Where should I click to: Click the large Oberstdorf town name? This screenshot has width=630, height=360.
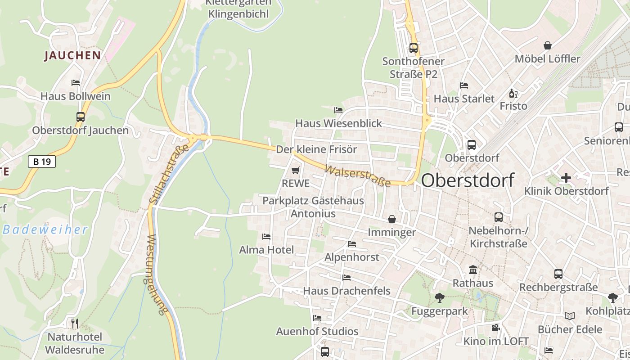[x=468, y=181]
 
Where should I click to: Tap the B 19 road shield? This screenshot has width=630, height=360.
[x=42, y=162]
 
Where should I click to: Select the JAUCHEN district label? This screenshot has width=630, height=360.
[x=72, y=56]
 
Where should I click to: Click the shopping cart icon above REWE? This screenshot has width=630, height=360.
[x=295, y=171]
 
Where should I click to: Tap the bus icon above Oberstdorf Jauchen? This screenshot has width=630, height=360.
[x=81, y=117]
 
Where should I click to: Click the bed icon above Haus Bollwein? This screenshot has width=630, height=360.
[x=76, y=83]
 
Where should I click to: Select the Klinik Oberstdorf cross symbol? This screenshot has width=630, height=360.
[x=566, y=178]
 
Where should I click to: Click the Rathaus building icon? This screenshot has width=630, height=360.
[x=473, y=270]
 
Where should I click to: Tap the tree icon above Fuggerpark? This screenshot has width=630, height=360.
[x=439, y=297]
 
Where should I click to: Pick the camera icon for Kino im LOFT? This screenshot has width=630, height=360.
[x=495, y=328]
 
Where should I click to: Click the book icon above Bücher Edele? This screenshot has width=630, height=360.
[x=570, y=316]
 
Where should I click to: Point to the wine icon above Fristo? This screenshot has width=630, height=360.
[x=513, y=94]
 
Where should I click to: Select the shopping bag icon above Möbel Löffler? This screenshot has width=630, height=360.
[x=548, y=45]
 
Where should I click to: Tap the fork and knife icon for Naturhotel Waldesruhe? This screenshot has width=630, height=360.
[x=75, y=323]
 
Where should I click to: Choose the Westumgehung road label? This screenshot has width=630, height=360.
[x=157, y=274]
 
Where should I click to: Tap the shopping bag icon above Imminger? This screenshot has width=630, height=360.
[x=392, y=219]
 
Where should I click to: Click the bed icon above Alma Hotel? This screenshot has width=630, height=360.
[x=266, y=237]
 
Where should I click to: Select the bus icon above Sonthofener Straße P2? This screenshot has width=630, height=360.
[x=413, y=48]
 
